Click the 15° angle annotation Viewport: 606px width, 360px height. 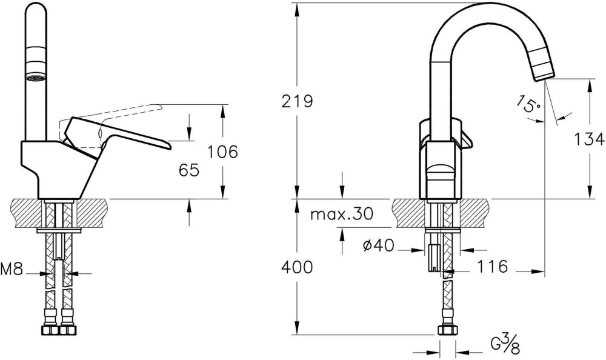coord(528,105)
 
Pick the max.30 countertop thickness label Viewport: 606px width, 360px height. coord(341,214)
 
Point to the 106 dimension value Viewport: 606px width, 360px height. coord(221,152)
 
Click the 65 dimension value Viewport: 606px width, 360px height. coord(189,171)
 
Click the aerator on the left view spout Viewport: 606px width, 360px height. coord(34,78)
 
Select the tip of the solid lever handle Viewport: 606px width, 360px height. coord(167,146)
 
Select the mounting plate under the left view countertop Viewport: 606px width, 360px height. coord(59,230)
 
